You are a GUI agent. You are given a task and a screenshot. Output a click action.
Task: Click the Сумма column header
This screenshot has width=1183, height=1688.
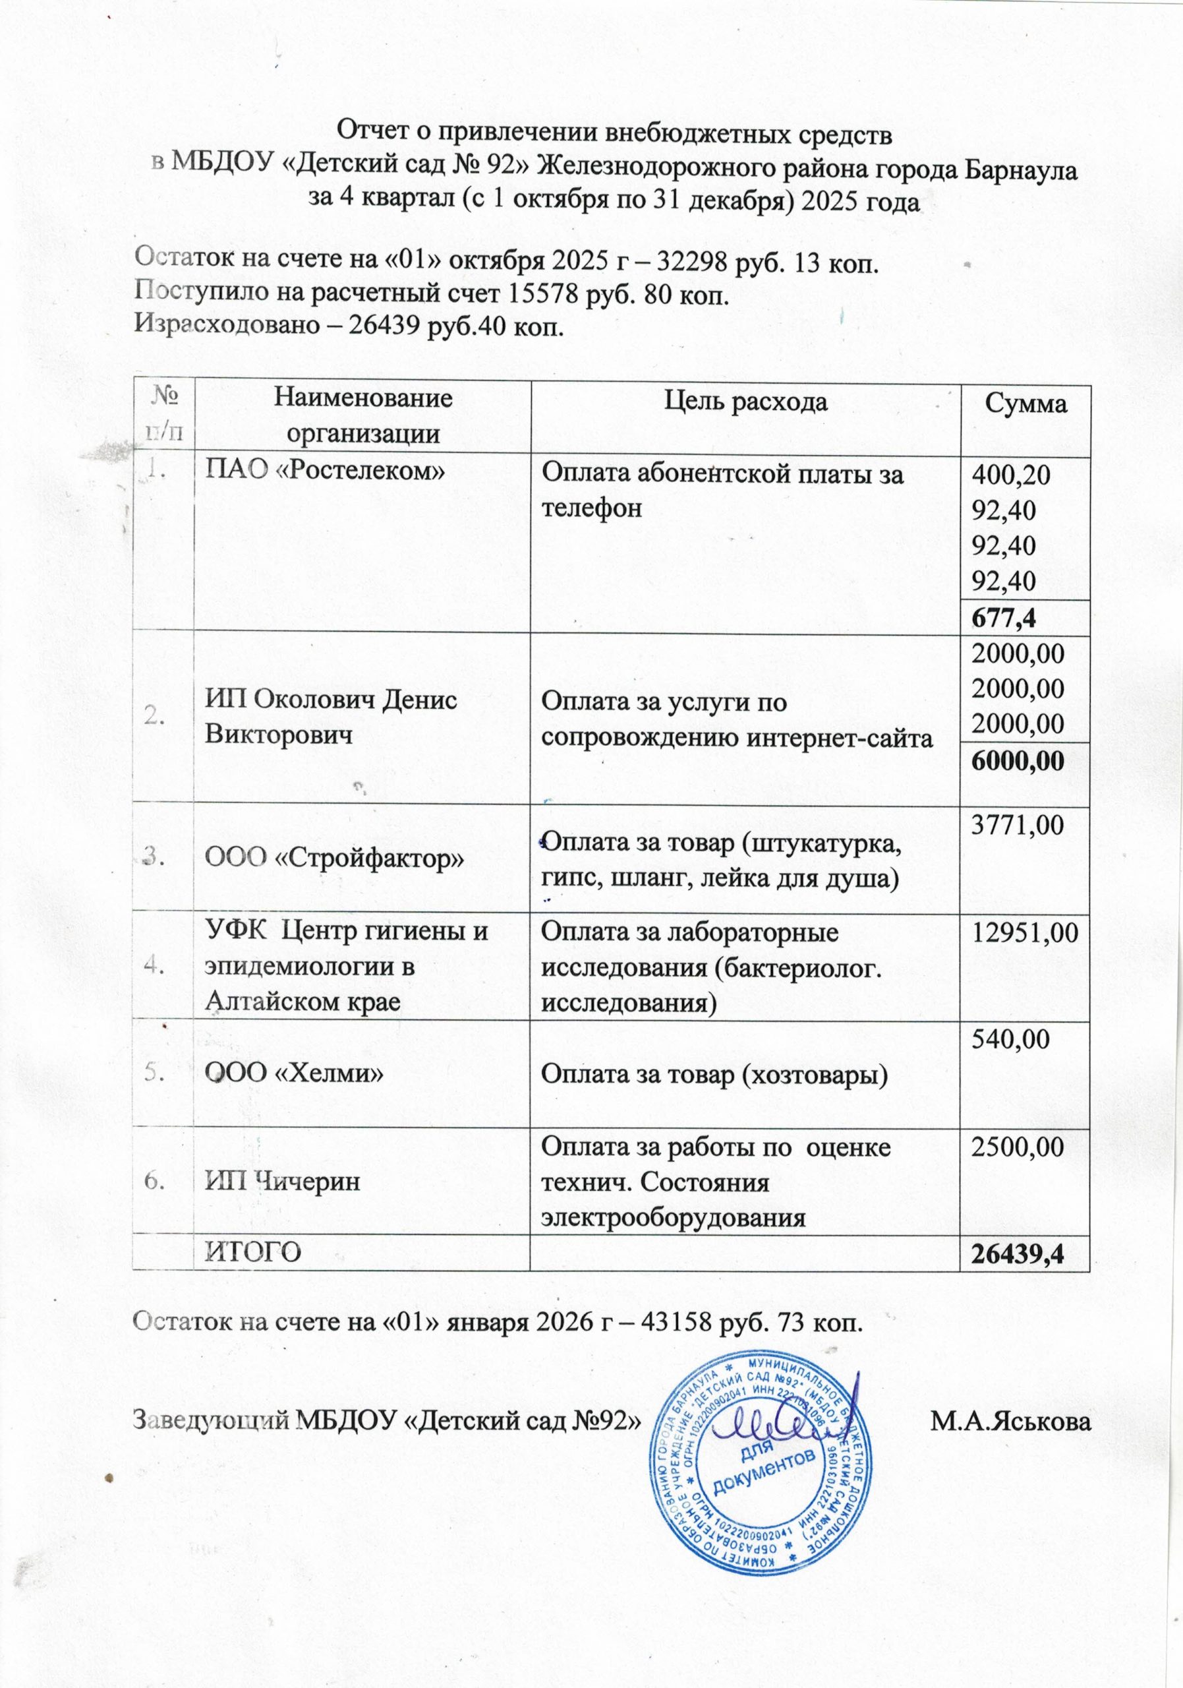click(x=1025, y=404)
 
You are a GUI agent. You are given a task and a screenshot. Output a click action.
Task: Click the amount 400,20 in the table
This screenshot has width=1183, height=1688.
click(x=1011, y=475)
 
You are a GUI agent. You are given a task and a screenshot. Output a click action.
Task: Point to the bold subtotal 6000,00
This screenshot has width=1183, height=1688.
click(x=1018, y=761)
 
